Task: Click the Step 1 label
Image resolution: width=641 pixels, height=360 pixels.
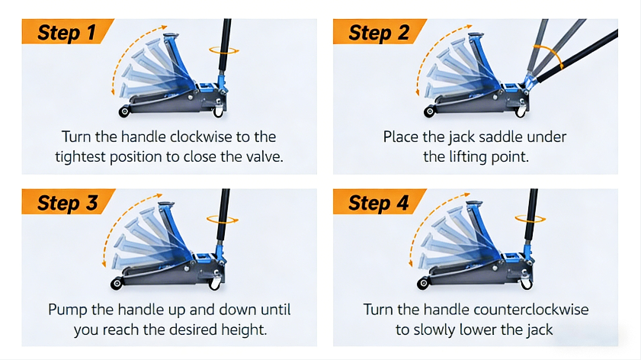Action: click(66, 32)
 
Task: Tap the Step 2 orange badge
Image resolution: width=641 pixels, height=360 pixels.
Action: click(379, 31)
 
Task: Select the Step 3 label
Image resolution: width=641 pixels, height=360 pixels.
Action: click(68, 203)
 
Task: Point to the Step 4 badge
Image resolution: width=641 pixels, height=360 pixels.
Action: click(379, 201)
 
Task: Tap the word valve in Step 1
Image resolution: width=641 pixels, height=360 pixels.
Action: click(263, 156)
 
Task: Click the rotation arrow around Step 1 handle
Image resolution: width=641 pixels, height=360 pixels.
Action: click(224, 51)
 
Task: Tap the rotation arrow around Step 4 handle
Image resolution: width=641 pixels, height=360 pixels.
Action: click(530, 219)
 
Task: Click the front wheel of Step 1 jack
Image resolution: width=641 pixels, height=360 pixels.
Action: click(124, 111)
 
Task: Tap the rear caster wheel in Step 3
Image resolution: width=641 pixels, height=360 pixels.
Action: click(215, 283)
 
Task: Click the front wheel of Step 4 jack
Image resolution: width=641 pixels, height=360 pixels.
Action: click(424, 283)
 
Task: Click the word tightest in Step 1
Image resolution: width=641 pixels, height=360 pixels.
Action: click(81, 157)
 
